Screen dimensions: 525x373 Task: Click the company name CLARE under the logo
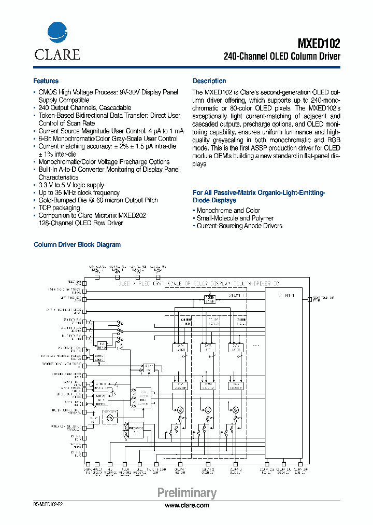point(57,54)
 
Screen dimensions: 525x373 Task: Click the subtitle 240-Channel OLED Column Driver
point(282,57)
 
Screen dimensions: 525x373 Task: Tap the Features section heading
point(46,81)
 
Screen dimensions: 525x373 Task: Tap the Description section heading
point(209,81)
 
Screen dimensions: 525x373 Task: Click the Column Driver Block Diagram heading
point(77,245)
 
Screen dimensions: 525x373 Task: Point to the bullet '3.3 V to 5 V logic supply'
point(71,185)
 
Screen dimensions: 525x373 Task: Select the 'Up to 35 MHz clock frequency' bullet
point(79,193)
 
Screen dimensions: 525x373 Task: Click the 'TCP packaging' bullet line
point(59,208)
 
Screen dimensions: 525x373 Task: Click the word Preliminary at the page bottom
point(187,493)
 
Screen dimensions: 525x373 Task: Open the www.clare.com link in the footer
point(187,505)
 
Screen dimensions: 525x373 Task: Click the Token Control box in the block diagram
point(209,299)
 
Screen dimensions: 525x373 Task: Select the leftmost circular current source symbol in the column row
point(181,410)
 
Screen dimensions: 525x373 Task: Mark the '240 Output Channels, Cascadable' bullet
point(84,108)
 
